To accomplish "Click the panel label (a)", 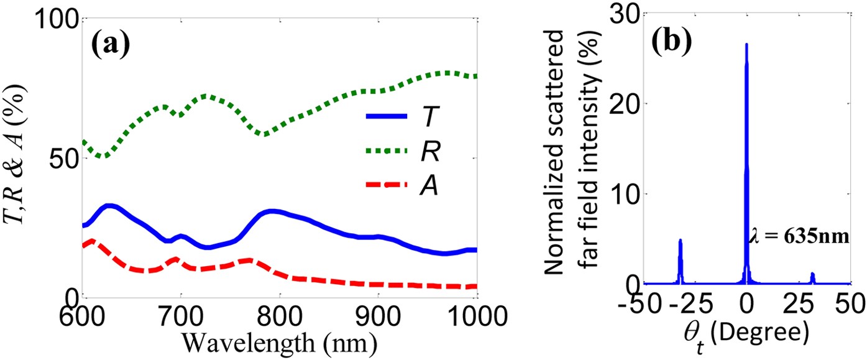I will point(111,44).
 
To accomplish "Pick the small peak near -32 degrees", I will point(681,241).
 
